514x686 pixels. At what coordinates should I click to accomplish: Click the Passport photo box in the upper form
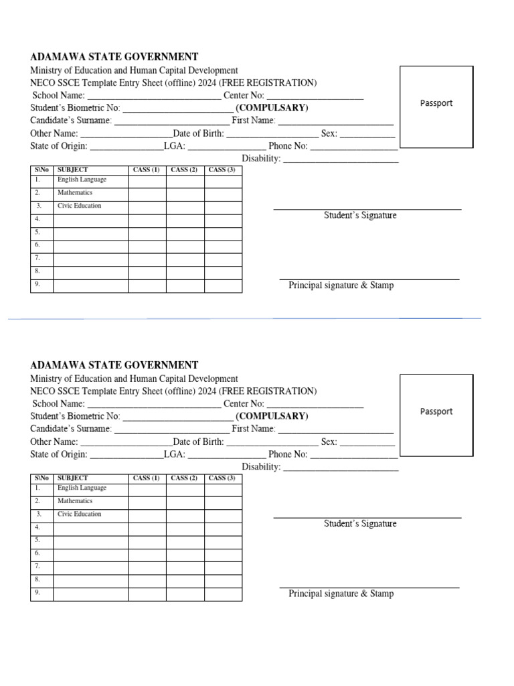[x=436, y=107]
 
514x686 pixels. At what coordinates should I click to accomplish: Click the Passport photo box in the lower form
[x=436, y=415]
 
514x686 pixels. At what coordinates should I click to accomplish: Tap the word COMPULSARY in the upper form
[x=272, y=108]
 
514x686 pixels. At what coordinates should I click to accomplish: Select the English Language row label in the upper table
[x=82, y=180]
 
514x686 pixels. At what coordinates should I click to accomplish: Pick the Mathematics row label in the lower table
[x=75, y=501]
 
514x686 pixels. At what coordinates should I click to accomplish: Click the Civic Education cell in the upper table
[x=79, y=206]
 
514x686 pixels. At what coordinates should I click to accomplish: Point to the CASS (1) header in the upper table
[x=147, y=169]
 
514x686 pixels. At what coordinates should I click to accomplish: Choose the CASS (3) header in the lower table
[x=222, y=478]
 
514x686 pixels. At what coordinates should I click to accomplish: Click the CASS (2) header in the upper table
[x=184, y=169]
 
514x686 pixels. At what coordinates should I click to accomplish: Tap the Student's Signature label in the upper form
[x=360, y=216]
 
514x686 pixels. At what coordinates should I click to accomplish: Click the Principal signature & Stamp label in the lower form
[x=341, y=594]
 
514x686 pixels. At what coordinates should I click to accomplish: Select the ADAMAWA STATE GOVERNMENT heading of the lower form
[x=114, y=365]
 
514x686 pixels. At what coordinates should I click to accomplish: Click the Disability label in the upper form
[x=261, y=159]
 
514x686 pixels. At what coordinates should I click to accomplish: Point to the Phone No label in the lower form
[x=288, y=454]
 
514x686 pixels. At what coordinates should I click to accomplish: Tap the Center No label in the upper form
[x=244, y=95]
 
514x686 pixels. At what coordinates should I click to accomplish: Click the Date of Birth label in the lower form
[x=198, y=441]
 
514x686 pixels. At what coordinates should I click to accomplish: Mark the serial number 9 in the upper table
[x=38, y=284]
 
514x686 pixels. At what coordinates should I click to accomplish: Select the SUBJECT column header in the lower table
[x=73, y=478]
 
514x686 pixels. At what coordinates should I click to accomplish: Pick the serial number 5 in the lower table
[x=38, y=540]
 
